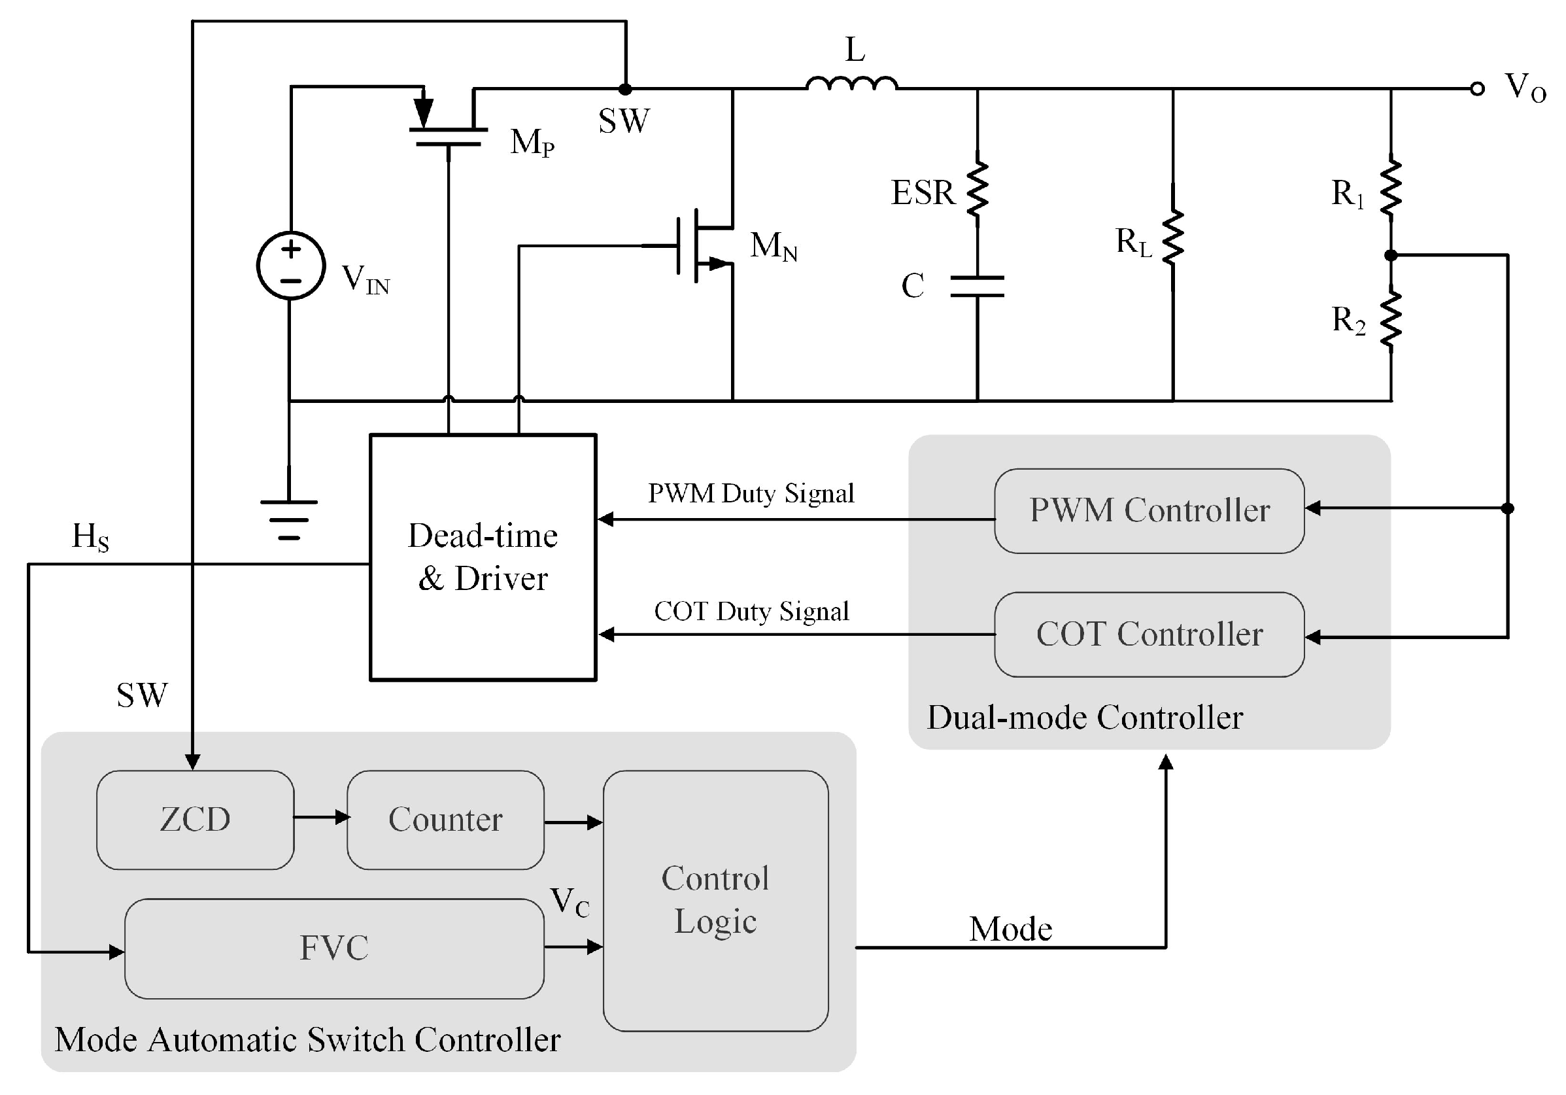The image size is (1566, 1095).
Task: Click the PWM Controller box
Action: (x=1149, y=510)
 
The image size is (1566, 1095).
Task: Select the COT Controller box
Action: (x=1149, y=634)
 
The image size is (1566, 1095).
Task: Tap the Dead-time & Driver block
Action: (x=483, y=557)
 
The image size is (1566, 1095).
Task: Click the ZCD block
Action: (x=195, y=820)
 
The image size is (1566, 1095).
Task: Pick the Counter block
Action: (x=445, y=820)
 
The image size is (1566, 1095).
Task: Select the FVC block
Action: (x=334, y=948)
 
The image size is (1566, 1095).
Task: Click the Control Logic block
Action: (x=715, y=900)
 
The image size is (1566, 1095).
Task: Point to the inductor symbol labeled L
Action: (x=852, y=83)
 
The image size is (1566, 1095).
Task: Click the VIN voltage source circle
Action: (x=290, y=265)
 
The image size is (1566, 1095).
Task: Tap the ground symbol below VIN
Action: (x=289, y=519)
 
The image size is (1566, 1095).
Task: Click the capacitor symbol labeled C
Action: (x=977, y=287)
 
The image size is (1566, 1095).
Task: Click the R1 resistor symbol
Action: (x=1391, y=189)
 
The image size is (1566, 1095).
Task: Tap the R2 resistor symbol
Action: (x=1391, y=319)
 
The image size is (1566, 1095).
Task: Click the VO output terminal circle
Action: (x=1476, y=89)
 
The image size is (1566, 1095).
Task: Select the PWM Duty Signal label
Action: (x=750, y=493)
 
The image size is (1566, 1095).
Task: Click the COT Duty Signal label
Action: (x=751, y=612)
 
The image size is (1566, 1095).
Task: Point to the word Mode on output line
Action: (x=1010, y=930)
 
